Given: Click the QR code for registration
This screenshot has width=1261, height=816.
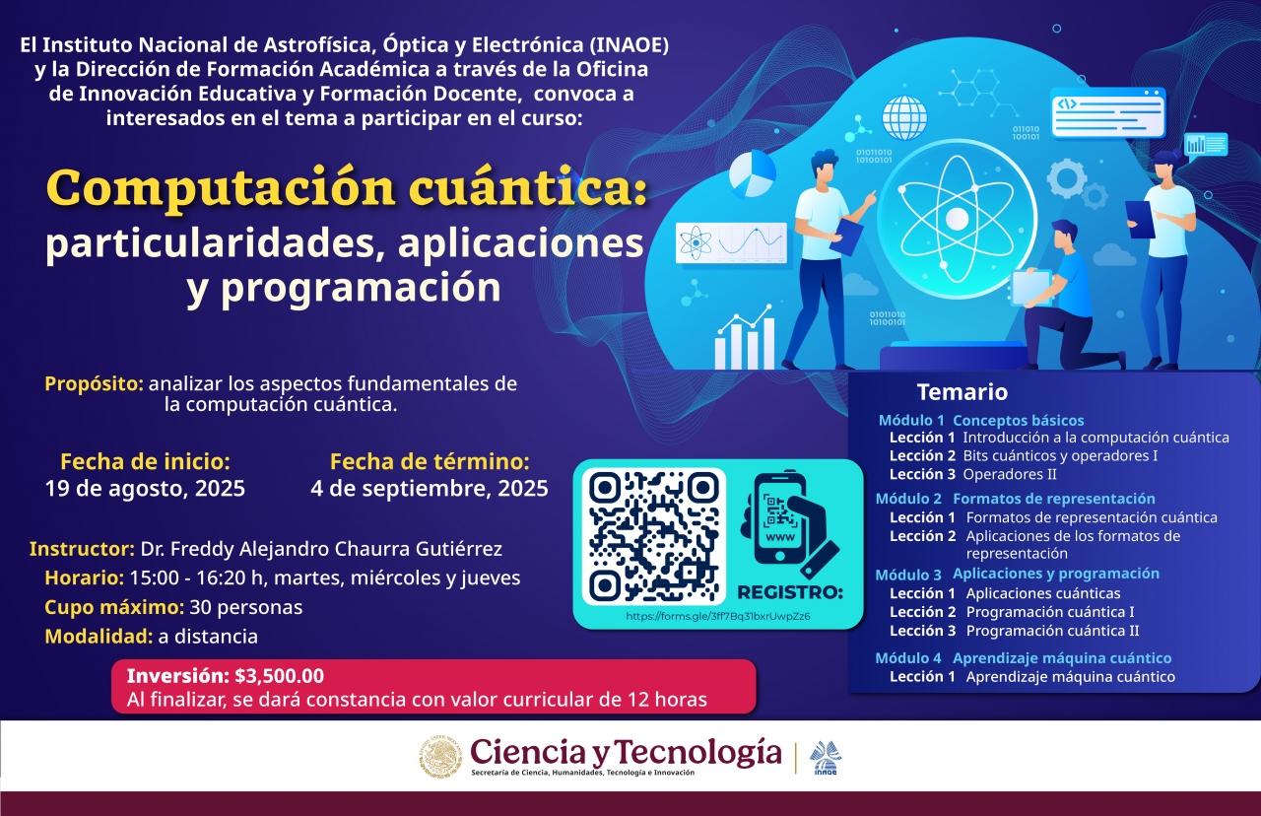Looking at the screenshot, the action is pyautogui.click(x=653, y=537).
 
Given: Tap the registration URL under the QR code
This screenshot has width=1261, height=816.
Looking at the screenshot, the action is pyautogui.click(x=718, y=616).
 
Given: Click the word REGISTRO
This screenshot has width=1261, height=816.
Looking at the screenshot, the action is pyautogui.click(x=790, y=592).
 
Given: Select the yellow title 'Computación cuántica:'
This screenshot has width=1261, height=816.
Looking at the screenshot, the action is pyautogui.click(x=347, y=188).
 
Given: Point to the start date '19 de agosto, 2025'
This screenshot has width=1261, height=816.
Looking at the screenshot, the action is pyautogui.click(x=145, y=488).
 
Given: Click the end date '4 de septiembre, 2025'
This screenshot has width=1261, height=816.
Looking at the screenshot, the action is pyautogui.click(x=429, y=488).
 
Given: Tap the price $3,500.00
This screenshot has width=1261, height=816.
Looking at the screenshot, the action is pyautogui.click(x=279, y=676).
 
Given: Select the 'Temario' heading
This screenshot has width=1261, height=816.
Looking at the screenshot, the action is pyautogui.click(x=962, y=392).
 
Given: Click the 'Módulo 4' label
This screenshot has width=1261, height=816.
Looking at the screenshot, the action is pyautogui.click(x=908, y=657).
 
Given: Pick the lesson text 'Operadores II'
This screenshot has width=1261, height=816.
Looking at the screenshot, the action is pyautogui.click(x=1010, y=474).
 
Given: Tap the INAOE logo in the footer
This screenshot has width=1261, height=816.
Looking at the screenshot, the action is pyautogui.click(x=826, y=758).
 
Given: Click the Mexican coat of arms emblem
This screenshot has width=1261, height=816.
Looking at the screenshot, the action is pyautogui.click(x=440, y=757).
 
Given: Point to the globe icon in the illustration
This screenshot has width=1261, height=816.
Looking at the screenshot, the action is pyautogui.click(x=904, y=117).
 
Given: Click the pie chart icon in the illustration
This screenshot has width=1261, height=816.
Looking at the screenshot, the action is pyautogui.click(x=752, y=173).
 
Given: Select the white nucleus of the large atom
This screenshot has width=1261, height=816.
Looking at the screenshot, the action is pyautogui.click(x=957, y=219).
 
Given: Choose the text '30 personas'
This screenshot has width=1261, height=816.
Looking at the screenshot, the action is pyautogui.click(x=246, y=607).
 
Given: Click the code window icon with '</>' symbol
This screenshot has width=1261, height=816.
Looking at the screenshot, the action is pyautogui.click(x=1108, y=112).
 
